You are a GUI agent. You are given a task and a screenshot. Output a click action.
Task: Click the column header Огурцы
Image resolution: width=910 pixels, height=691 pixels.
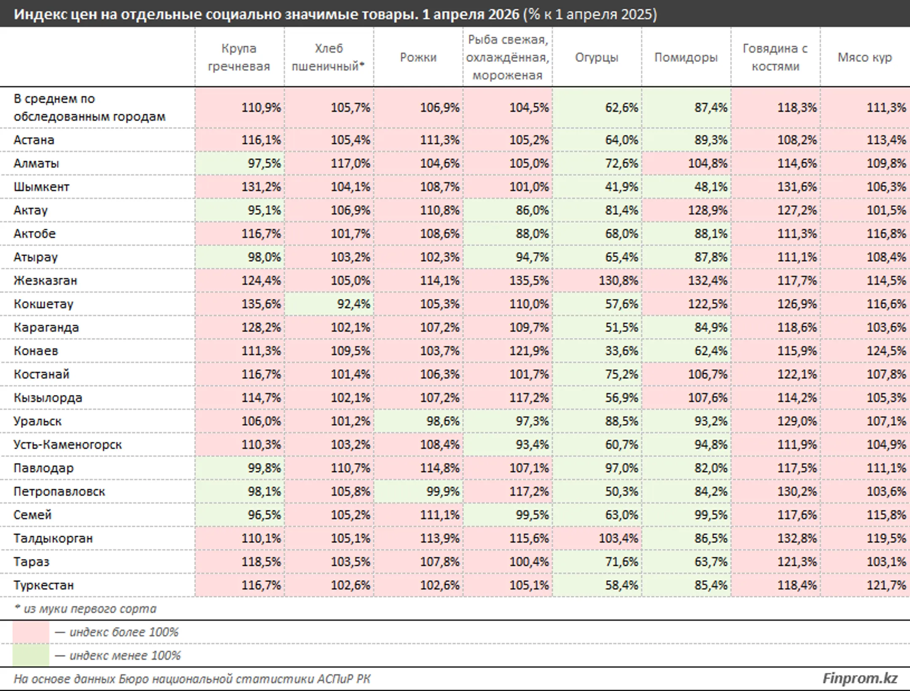tap(597, 57)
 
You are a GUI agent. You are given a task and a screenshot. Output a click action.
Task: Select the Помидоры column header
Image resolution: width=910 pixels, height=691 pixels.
tap(686, 57)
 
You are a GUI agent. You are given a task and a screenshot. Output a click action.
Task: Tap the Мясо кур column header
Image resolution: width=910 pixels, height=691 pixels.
tap(864, 57)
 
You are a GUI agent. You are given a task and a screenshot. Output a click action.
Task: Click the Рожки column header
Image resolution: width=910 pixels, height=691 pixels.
tap(418, 57)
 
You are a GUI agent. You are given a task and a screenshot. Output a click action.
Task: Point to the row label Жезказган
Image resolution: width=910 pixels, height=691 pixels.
tap(45, 280)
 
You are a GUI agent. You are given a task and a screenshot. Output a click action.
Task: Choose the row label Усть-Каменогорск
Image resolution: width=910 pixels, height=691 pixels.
tap(67, 445)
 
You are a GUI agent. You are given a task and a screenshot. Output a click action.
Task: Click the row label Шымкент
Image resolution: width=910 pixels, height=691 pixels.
tap(41, 187)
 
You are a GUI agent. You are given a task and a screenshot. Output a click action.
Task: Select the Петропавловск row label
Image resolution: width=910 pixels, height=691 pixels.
tap(59, 491)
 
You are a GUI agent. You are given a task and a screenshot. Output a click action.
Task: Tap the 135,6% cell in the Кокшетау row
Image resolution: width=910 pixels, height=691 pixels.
tap(261, 304)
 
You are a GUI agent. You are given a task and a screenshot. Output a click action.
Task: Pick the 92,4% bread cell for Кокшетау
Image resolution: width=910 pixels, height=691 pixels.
tap(353, 304)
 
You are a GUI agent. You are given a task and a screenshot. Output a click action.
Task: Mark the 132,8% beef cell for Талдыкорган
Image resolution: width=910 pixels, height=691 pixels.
tap(797, 538)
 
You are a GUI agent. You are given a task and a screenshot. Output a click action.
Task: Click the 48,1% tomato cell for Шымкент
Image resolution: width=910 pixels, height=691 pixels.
tap(711, 187)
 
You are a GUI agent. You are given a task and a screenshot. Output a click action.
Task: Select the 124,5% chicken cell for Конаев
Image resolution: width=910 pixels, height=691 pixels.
tap(886, 351)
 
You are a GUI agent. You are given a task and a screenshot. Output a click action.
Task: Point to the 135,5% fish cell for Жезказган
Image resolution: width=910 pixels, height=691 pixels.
tap(529, 280)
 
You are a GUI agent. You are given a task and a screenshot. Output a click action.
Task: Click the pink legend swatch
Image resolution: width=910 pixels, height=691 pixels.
tap(31, 632)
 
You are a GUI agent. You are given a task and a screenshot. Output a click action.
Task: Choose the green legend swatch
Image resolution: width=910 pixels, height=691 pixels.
tap(31, 656)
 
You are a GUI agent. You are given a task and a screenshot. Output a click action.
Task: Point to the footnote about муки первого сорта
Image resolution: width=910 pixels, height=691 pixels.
tap(85, 609)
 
